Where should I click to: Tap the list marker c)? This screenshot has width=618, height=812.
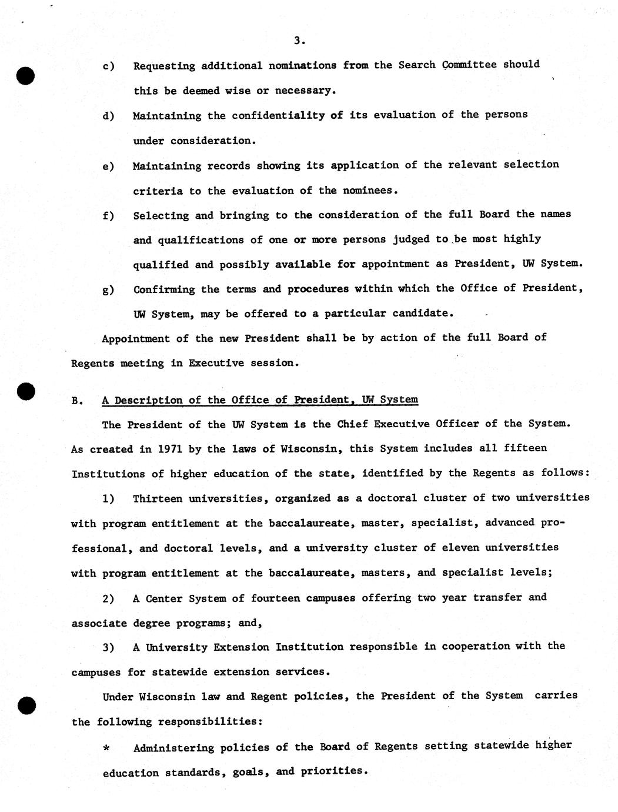coord(108,66)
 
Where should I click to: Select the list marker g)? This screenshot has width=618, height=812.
coord(108,290)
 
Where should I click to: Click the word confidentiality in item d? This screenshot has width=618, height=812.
coord(278,115)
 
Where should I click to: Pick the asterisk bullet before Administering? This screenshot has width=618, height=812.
coord(106,748)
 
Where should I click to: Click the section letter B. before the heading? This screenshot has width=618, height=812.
coord(76,401)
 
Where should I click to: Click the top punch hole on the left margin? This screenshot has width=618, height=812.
coord(25,76)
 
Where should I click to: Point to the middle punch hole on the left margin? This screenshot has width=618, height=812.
coord(25,392)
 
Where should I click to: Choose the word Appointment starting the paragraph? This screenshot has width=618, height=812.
coord(136,338)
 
